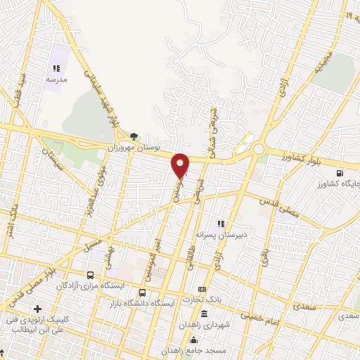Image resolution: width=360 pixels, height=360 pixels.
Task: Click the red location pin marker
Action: pos(181,165)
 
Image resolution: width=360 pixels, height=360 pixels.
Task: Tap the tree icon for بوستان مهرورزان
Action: pos(134,136)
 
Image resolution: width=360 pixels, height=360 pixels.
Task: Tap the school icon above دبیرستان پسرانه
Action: pos(221,224)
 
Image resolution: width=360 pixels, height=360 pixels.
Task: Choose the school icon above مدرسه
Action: pos(56,69)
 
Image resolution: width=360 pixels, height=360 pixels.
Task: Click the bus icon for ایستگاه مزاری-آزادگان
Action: pos(89,276)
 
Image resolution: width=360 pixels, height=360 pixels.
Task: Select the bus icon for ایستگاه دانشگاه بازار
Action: pos(143,293)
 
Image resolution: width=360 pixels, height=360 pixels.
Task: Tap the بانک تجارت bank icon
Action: pos(202,289)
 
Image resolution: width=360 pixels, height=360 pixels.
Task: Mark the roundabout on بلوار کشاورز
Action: pos(259,149)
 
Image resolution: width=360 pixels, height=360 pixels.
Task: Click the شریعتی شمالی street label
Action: pos(212,134)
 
